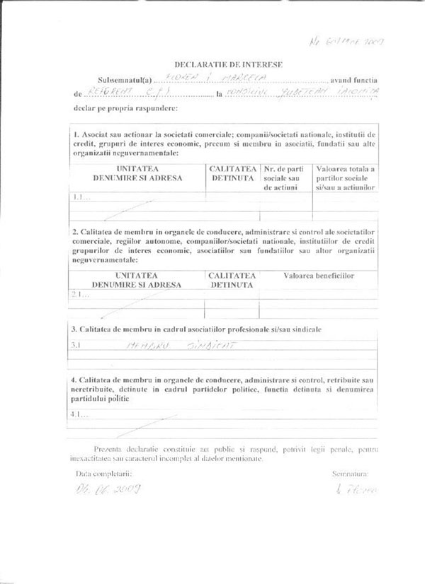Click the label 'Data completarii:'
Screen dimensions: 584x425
[103, 469]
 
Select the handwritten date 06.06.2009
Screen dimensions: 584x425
[110, 489]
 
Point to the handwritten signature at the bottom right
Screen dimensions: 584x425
[352, 489]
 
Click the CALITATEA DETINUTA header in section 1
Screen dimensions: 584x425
[232, 173]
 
